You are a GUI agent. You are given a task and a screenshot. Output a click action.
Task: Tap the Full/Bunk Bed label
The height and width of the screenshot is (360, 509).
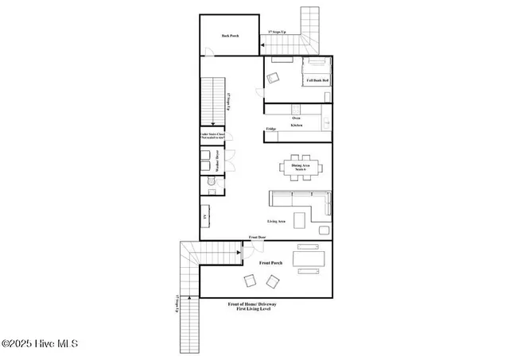317,80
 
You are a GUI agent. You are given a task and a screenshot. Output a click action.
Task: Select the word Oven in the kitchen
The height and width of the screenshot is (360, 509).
296,118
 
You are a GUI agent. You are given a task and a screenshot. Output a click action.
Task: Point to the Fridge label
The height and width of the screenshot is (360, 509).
270,129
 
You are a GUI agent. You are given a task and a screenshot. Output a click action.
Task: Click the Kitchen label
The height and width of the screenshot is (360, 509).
296,125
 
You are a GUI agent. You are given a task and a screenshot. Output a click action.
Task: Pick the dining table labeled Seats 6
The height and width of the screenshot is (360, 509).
303,167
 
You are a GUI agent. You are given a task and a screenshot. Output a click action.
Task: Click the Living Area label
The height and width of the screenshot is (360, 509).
277,222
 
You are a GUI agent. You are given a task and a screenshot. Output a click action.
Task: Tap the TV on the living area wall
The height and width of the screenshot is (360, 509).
205,216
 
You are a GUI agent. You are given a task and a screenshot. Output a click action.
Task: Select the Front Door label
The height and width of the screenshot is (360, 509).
257,237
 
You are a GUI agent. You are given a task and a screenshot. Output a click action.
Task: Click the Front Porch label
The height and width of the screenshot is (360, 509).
271,262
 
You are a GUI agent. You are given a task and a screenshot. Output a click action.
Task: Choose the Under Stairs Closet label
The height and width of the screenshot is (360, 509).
213,137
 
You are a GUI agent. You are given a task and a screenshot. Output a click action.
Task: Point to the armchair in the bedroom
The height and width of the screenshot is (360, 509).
274,78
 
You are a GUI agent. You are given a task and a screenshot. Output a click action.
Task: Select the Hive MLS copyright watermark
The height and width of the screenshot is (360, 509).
39,344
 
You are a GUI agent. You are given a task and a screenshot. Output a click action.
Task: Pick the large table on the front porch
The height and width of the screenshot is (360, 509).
309,259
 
